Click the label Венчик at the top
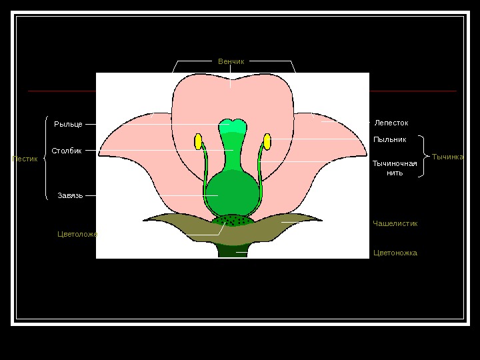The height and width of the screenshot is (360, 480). click(231, 61)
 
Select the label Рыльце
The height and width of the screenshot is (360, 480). click(68, 125)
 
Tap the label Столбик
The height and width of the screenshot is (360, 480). click(67, 151)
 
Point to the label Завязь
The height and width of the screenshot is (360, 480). click(70, 195)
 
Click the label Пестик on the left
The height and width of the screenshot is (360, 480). click(25, 159)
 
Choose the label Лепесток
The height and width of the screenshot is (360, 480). click(391, 123)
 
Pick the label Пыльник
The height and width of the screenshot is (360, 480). click(389, 139)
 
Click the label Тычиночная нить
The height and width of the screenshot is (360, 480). click(394, 168)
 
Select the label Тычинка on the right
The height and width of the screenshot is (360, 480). click(447, 157)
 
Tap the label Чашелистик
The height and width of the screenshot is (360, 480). click(395, 223)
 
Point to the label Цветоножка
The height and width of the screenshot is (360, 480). click(395, 253)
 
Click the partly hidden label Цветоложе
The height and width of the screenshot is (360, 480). click(77, 234)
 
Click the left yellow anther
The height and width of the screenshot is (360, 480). click(198, 141)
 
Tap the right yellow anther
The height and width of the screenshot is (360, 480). click(267, 141)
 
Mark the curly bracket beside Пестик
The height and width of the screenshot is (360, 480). click(45, 159)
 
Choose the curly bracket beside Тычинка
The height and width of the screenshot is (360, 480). click(424, 157)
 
